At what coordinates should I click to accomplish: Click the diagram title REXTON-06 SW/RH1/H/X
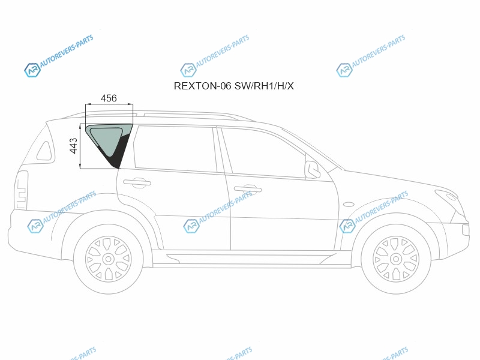[233, 86]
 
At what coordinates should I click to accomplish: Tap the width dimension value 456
[109, 98]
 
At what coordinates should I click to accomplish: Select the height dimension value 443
[74, 146]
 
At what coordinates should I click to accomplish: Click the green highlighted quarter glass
[106, 139]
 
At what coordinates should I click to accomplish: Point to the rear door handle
[137, 183]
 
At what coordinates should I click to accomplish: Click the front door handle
[248, 189]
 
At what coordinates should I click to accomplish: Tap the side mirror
[312, 169]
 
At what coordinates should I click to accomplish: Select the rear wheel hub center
[108, 259]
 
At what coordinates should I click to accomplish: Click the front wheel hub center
[396, 259]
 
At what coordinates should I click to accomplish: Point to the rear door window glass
[175, 148]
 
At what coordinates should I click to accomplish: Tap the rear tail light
[22, 190]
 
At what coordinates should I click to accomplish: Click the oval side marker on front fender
[349, 204]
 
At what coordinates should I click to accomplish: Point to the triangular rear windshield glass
[44, 151]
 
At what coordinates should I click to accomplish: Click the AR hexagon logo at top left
[32, 70]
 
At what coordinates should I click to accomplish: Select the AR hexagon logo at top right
[344, 70]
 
